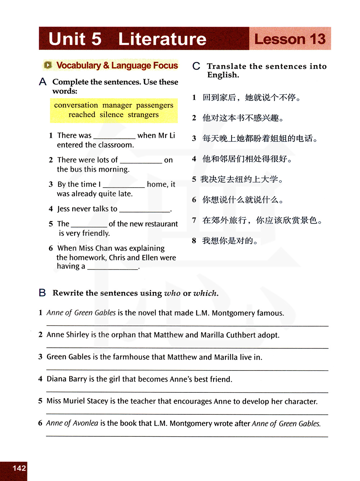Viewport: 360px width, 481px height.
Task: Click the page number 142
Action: (x=19, y=468)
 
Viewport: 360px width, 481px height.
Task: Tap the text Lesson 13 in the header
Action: (x=290, y=39)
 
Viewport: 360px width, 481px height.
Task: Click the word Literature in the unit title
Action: (x=162, y=39)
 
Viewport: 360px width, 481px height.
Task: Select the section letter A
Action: (x=43, y=82)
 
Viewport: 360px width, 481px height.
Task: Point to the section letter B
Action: (x=42, y=293)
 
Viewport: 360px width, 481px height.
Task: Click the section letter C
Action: (x=196, y=66)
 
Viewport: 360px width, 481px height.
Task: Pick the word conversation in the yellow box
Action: (x=76, y=105)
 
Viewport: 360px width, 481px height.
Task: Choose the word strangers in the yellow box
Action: (x=143, y=115)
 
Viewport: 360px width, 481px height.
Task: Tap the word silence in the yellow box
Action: (x=111, y=115)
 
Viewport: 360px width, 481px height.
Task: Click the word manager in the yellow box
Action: (x=117, y=105)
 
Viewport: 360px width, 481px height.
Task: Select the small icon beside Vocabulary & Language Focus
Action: (x=48, y=65)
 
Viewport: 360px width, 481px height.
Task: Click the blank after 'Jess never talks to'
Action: (x=145, y=210)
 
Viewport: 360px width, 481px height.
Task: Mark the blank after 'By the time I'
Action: (x=123, y=185)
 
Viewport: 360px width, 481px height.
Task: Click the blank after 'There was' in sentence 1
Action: (x=114, y=136)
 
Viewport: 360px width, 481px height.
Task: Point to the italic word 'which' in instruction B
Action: (x=205, y=293)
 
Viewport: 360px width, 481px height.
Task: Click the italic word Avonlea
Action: (x=85, y=423)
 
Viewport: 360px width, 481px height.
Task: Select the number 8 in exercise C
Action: (x=194, y=240)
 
